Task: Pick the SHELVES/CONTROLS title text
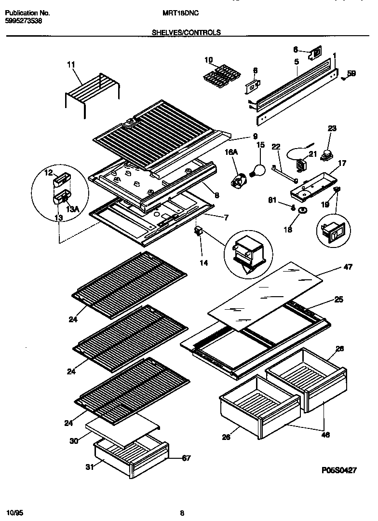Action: [186, 33]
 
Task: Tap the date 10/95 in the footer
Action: [15, 511]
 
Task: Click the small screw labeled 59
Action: [343, 76]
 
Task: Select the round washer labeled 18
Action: [302, 210]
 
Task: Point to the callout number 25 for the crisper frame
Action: [339, 300]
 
